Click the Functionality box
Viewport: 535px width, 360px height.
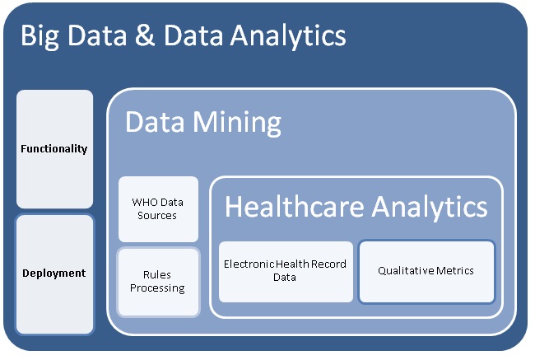(54, 149)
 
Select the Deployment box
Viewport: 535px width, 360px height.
(54, 274)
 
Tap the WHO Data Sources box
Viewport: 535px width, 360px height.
(158, 208)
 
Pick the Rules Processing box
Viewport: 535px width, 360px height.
(158, 282)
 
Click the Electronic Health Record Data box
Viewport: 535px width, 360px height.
(286, 271)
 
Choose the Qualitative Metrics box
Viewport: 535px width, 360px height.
(426, 270)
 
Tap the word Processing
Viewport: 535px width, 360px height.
(158, 288)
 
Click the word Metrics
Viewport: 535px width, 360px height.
(455, 270)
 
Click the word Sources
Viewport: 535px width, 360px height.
(158, 215)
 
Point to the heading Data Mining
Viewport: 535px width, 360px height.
(202, 123)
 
